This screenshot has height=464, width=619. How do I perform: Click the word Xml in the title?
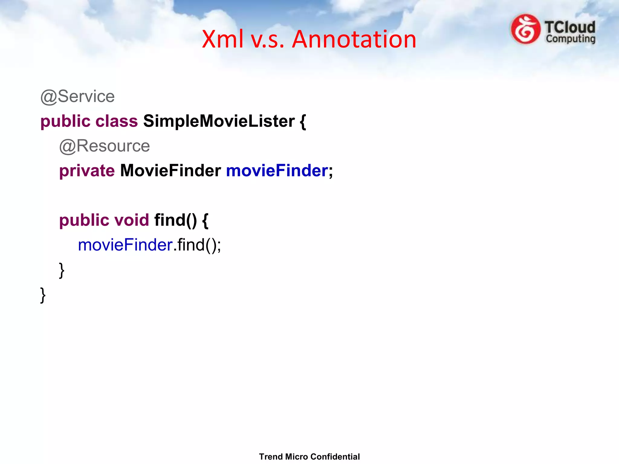point(223,39)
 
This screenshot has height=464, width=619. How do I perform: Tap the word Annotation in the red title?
point(354,39)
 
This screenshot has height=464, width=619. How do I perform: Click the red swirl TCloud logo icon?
point(526,29)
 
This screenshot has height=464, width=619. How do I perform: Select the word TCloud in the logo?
point(570,27)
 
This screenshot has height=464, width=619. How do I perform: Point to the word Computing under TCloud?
point(570,39)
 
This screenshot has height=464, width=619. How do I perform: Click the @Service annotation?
point(78,97)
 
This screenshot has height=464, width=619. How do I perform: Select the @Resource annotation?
point(105,146)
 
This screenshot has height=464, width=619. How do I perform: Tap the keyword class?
point(117,121)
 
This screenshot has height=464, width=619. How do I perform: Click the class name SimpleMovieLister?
point(219,121)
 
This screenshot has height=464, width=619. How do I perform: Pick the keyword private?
point(87,171)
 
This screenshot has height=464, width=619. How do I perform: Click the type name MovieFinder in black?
point(170,171)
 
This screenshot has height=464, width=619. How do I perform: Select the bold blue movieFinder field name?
point(277,171)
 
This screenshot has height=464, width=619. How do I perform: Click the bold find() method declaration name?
point(175,220)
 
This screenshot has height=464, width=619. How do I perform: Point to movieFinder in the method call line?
point(125,245)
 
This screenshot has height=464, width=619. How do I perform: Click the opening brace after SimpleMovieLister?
point(303,122)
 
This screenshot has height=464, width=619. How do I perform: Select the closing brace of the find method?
point(62,270)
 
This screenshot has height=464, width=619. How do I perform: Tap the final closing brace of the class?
point(43,295)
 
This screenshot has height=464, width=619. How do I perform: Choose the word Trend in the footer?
point(271,457)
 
